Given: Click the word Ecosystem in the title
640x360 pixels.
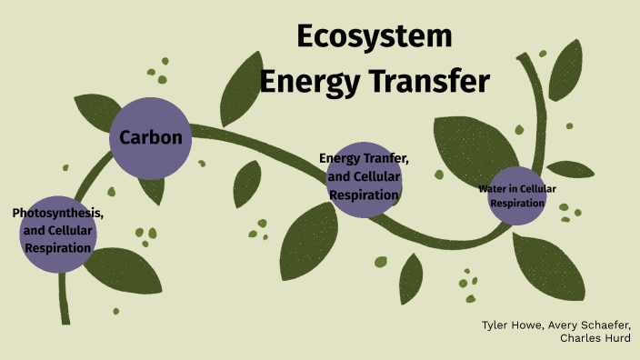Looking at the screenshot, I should coord(374,37).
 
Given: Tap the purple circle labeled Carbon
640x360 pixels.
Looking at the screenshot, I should coord(150,138).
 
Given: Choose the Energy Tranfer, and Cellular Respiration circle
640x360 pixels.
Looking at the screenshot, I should coord(364,178).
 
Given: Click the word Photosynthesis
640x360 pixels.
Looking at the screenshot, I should coord(57,213).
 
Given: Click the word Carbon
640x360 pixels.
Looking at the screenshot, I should coord(151,138).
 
